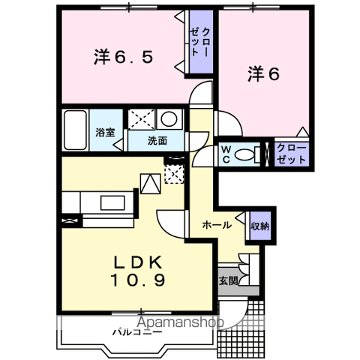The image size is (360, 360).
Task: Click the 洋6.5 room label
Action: tap(123, 57)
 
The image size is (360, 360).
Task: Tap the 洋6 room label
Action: tap(263, 73)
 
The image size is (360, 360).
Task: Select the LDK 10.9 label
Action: tap(138, 271)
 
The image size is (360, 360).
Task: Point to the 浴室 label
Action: tap(105, 133)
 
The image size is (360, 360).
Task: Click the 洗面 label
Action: tap(157, 141)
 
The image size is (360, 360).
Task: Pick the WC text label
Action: tap(226, 154)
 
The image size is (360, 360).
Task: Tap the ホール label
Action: tap(217, 225)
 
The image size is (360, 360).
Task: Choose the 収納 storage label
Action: tap(260, 226)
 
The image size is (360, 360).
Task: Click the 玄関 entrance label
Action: tap(229, 280)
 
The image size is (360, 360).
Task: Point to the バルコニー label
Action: tap(137, 332)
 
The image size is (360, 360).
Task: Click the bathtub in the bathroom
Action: tap(75, 130)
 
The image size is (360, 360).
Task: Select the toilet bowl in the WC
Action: tap(244, 154)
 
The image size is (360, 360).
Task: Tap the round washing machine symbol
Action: tap(169, 118)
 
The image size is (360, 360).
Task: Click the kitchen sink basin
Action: tap(112, 202)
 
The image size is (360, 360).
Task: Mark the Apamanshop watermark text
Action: tap(180, 322)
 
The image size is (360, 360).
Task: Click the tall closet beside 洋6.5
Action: tap(201, 42)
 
